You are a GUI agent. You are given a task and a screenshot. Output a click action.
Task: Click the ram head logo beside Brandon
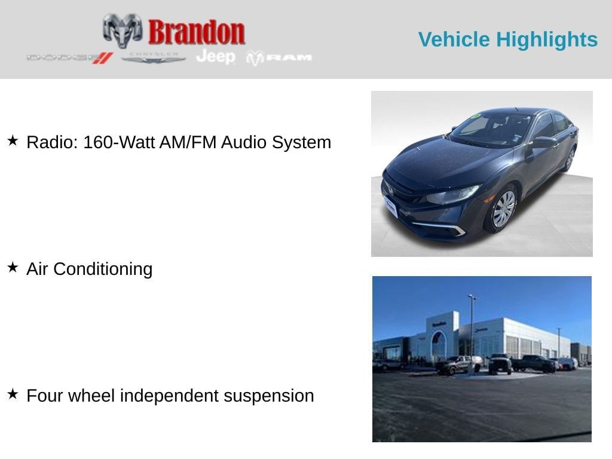(123, 30)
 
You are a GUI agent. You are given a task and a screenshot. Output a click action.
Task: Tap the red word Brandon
(196, 32)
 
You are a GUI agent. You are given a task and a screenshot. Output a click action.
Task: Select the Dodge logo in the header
(69, 58)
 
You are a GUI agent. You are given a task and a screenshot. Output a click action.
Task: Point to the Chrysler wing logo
(154, 57)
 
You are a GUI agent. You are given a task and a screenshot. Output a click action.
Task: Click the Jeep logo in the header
(216, 57)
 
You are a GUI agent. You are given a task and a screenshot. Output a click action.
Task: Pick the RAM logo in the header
(279, 58)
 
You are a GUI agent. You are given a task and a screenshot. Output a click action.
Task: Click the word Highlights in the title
(547, 39)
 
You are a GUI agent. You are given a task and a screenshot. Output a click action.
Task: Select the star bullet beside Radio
(13, 141)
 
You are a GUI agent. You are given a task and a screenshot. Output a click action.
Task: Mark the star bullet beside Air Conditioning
(13, 268)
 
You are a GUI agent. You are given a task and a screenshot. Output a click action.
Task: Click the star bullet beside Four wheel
(13, 394)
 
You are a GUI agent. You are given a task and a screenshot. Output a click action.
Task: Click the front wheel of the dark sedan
(503, 210)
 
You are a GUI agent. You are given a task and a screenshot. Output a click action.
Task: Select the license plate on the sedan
(390, 206)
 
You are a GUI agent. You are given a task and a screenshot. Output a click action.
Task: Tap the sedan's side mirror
(543, 142)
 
